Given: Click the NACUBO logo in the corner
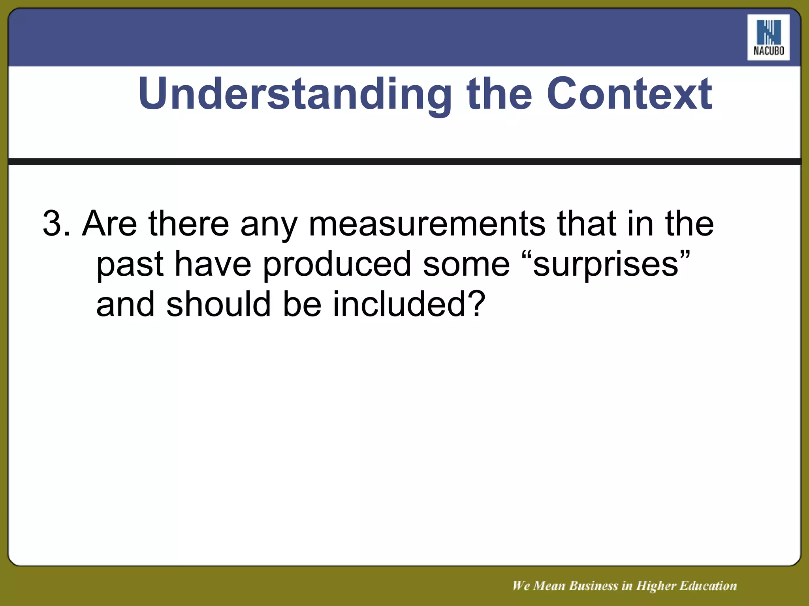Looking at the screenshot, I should (x=768, y=37).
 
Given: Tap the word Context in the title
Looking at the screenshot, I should (x=629, y=94).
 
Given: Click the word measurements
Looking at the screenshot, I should (x=427, y=224).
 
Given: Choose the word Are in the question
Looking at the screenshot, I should (x=109, y=224).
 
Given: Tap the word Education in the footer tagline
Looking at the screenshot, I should (x=708, y=586).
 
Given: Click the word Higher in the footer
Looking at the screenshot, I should (x=656, y=586).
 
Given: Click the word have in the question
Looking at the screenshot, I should (x=213, y=264).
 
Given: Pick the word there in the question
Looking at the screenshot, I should (x=188, y=224).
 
